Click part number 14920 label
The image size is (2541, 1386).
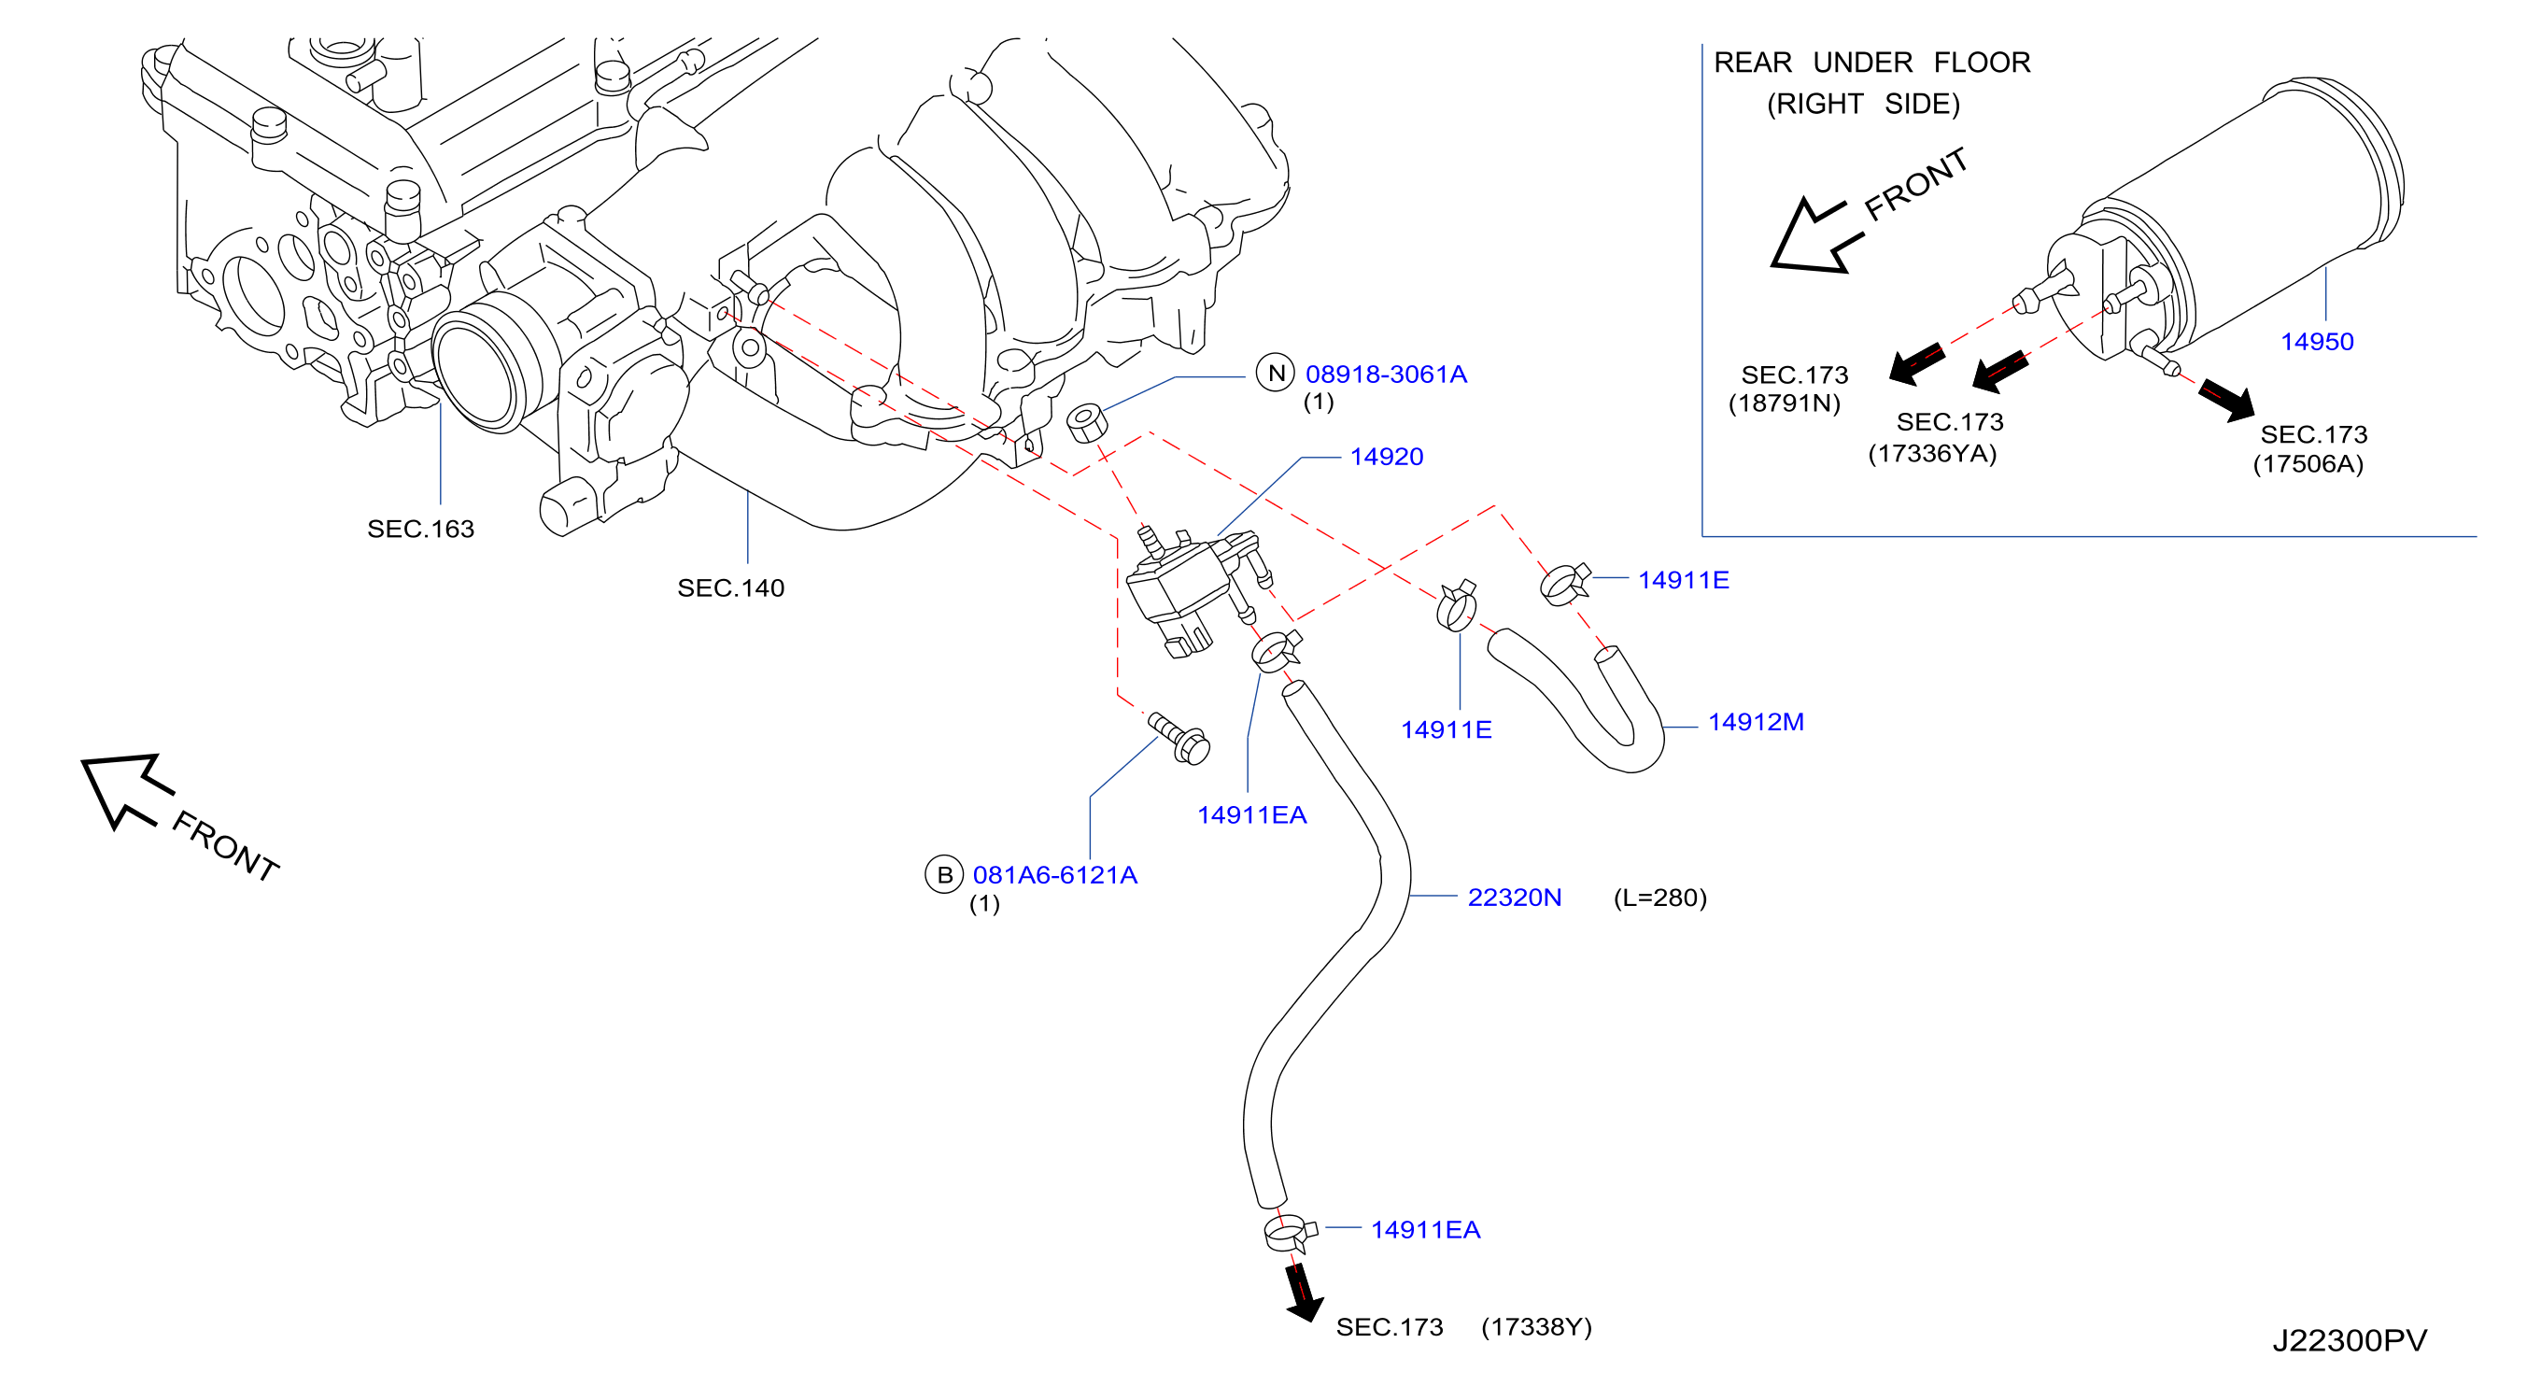pos(1386,457)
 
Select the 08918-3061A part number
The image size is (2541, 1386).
pos(1386,374)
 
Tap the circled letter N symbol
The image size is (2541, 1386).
pos(1276,373)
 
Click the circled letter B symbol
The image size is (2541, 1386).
pos(944,874)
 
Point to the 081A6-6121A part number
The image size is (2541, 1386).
pos(1054,875)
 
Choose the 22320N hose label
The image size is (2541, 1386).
pos(1514,898)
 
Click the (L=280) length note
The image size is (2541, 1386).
pos(1660,898)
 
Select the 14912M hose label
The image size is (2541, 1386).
pos(1756,722)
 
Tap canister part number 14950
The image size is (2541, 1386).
pos(2317,341)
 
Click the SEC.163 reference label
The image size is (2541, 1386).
pos(421,529)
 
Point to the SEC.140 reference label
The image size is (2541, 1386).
pos(731,588)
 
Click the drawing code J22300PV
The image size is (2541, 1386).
pos(2350,1340)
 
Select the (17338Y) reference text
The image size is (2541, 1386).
pos(1537,1327)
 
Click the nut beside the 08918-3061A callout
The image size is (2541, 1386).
pos(1086,422)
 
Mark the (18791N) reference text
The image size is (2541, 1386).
pos(1785,403)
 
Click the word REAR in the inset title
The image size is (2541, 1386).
pos(1753,64)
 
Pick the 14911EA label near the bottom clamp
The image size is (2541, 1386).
pos(1425,1230)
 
